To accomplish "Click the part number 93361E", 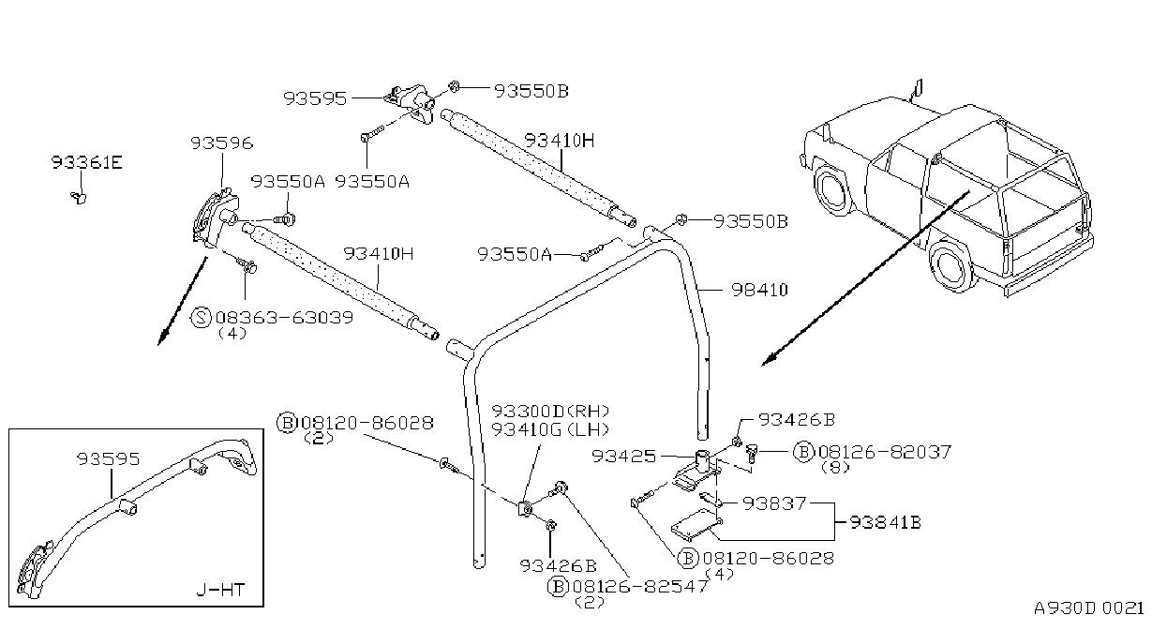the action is click(x=87, y=163).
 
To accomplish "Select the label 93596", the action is click(x=222, y=143).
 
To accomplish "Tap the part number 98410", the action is click(x=759, y=291).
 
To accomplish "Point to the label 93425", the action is click(x=624, y=457).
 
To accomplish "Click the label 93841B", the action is click(x=885, y=522).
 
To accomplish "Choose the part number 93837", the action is click(x=774, y=503).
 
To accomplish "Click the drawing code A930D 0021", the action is click(x=1089, y=608).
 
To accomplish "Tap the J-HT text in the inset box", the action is click(x=220, y=590).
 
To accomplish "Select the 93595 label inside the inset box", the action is click(x=109, y=458).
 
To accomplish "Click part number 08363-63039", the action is click(x=284, y=317).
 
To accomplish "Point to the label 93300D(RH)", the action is click(x=550, y=412).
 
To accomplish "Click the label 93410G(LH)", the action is click(x=550, y=429).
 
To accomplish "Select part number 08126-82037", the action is click(x=885, y=452).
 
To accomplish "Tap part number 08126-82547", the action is click(x=640, y=586).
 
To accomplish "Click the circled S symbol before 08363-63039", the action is click(x=201, y=317).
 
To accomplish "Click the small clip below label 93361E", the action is click(x=79, y=197).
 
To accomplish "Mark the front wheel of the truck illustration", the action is click(x=832, y=188).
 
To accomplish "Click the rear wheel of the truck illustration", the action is click(x=952, y=266).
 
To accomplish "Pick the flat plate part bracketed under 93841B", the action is click(x=695, y=525).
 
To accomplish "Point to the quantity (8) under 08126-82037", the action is click(x=835, y=468).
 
